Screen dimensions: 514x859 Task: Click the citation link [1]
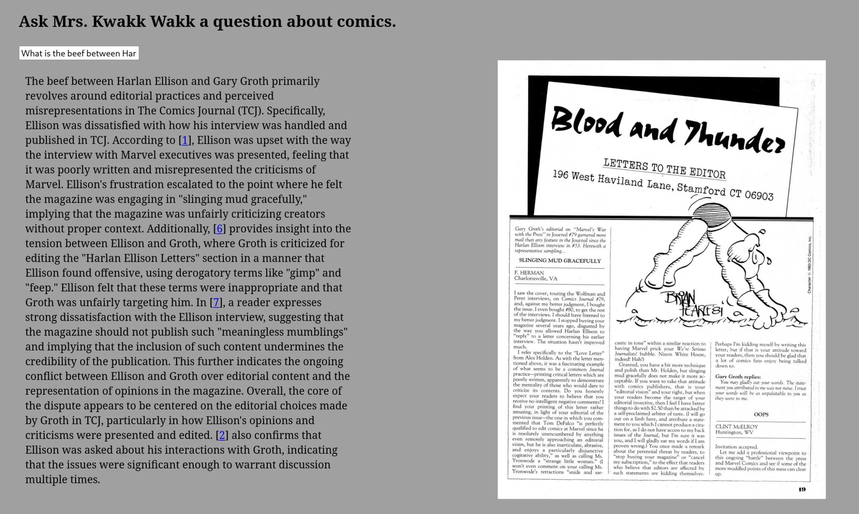[185, 140]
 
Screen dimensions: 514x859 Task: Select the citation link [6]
[219, 229]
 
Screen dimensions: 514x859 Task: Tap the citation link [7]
[216, 303]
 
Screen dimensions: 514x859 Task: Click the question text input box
[79, 53]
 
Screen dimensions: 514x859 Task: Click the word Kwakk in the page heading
[118, 21]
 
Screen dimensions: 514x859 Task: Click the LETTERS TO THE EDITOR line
[664, 169]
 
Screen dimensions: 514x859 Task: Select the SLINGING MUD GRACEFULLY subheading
[560, 261]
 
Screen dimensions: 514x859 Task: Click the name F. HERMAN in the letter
[529, 273]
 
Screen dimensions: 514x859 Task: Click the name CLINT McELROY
[736, 427]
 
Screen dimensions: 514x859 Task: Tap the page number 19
[802, 490]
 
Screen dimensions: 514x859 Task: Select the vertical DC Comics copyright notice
[809, 265]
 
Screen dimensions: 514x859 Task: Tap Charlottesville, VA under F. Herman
[536, 279]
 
